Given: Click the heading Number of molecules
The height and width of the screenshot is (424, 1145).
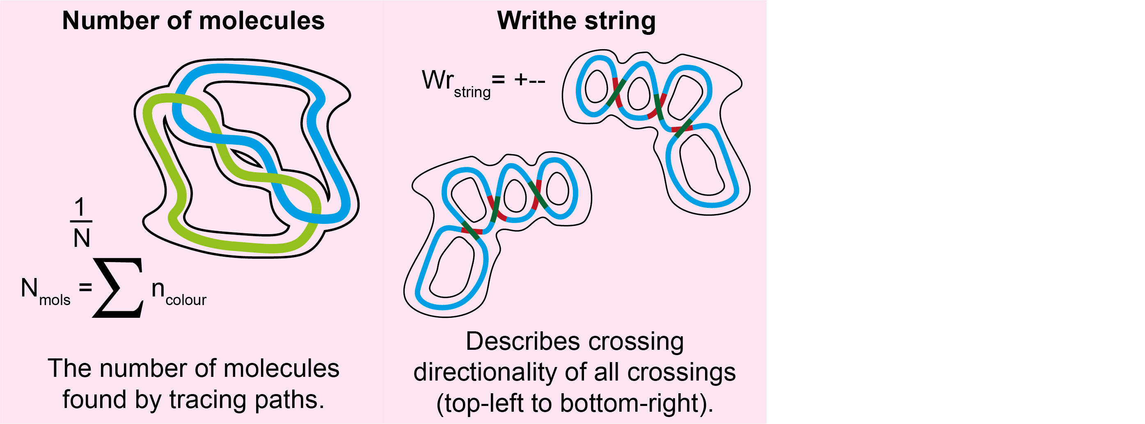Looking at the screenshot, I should tap(193, 21).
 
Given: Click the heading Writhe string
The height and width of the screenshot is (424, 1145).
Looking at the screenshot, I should tap(576, 21).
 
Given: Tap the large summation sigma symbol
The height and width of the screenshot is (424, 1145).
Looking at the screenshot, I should tap(118, 288).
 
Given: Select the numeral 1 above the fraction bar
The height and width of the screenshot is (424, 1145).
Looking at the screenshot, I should tap(80, 207).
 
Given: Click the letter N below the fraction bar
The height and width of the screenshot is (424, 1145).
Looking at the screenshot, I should tap(81, 238).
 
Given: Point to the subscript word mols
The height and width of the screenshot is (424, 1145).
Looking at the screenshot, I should tap(55, 300).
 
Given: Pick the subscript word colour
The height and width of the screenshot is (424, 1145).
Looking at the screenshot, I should tap(186, 300).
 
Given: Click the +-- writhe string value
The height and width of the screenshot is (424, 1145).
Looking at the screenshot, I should tap(529, 80).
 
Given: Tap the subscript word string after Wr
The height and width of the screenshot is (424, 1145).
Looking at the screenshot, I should tap(472, 92).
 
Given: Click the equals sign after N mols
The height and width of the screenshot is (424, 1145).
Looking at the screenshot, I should tap(85, 288).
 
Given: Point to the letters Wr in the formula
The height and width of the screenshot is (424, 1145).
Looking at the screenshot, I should tap(437, 80).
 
